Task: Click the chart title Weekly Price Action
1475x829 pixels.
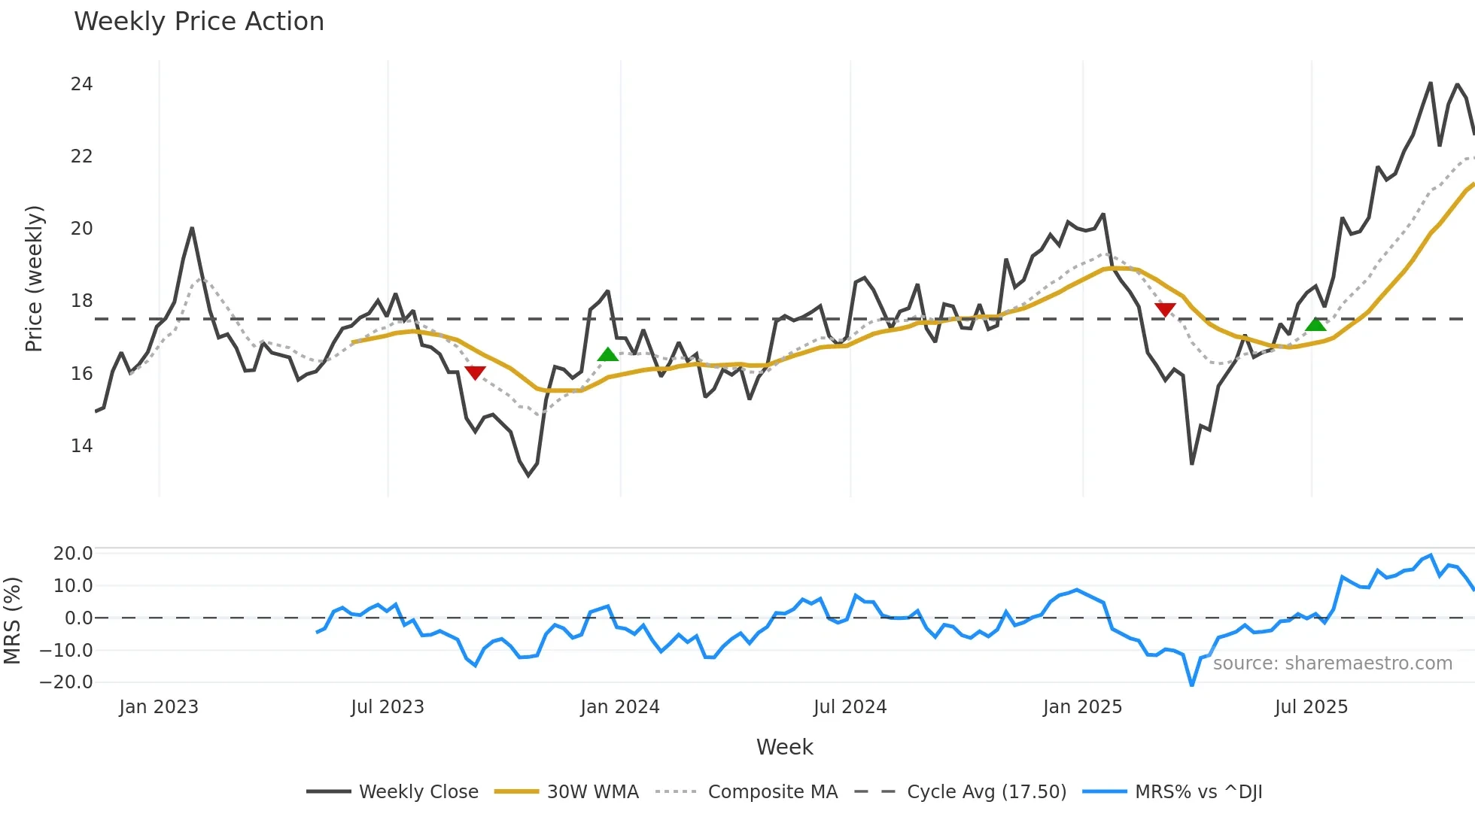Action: [199, 22]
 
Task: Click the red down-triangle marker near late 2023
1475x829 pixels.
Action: [475, 372]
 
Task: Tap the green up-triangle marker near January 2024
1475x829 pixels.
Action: [608, 354]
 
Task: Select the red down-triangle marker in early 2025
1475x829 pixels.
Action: [1165, 310]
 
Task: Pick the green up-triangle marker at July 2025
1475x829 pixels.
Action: [1315, 324]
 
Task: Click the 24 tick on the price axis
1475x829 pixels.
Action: [81, 84]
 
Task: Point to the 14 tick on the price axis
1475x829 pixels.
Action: [81, 446]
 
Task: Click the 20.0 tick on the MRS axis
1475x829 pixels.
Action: [73, 554]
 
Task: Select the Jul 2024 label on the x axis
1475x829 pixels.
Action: [850, 707]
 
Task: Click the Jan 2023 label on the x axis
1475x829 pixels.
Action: [159, 707]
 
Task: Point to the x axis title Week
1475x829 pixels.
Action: [784, 747]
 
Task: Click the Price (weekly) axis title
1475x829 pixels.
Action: [34, 278]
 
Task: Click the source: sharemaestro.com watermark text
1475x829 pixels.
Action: [1332, 664]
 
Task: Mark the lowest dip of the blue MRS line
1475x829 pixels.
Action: [1192, 685]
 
